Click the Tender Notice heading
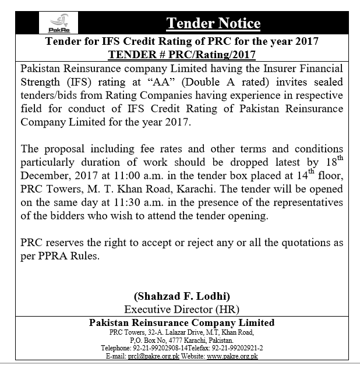click(x=213, y=24)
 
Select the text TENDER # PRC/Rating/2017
click(x=181, y=55)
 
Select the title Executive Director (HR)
click(x=181, y=309)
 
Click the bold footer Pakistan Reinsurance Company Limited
click(x=181, y=322)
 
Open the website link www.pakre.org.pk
click(x=232, y=356)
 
